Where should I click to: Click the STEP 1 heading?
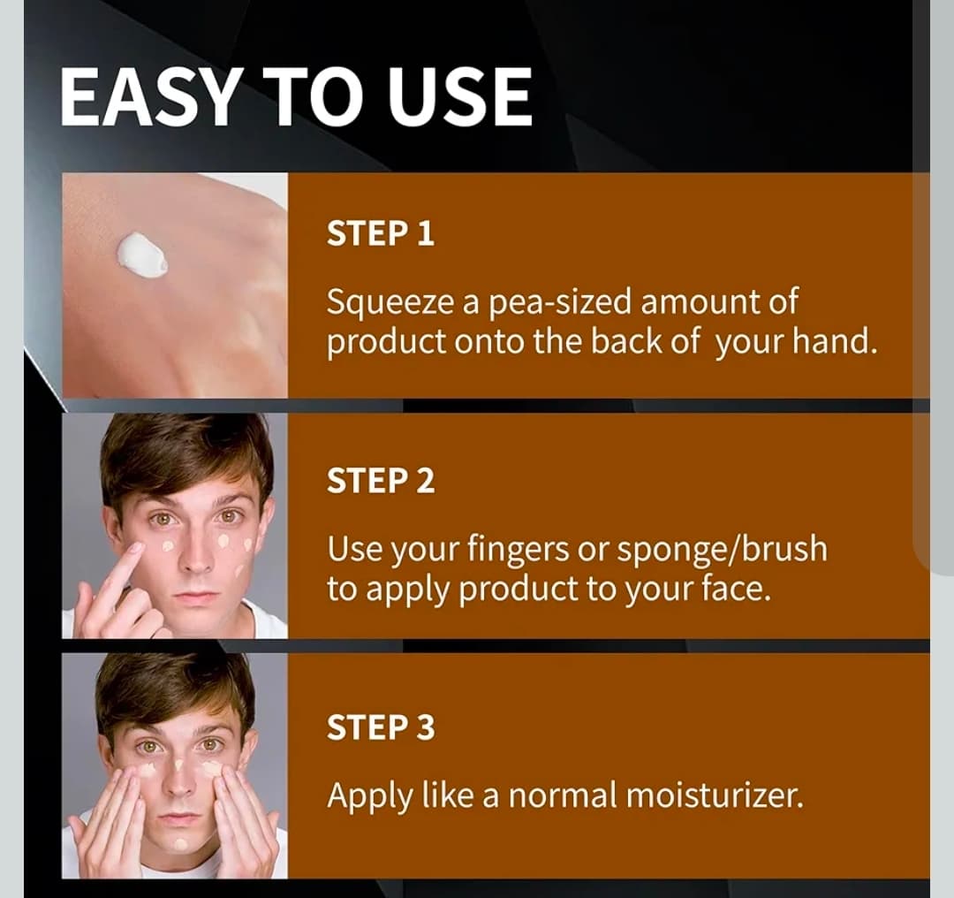(x=381, y=234)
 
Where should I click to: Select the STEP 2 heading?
(x=381, y=480)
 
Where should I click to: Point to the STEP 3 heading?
(x=381, y=727)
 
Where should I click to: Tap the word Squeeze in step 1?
(x=390, y=302)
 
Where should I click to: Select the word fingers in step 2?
(x=518, y=549)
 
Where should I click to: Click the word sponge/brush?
(x=723, y=549)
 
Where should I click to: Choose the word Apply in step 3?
(x=368, y=796)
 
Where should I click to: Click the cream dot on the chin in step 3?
(x=181, y=845)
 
